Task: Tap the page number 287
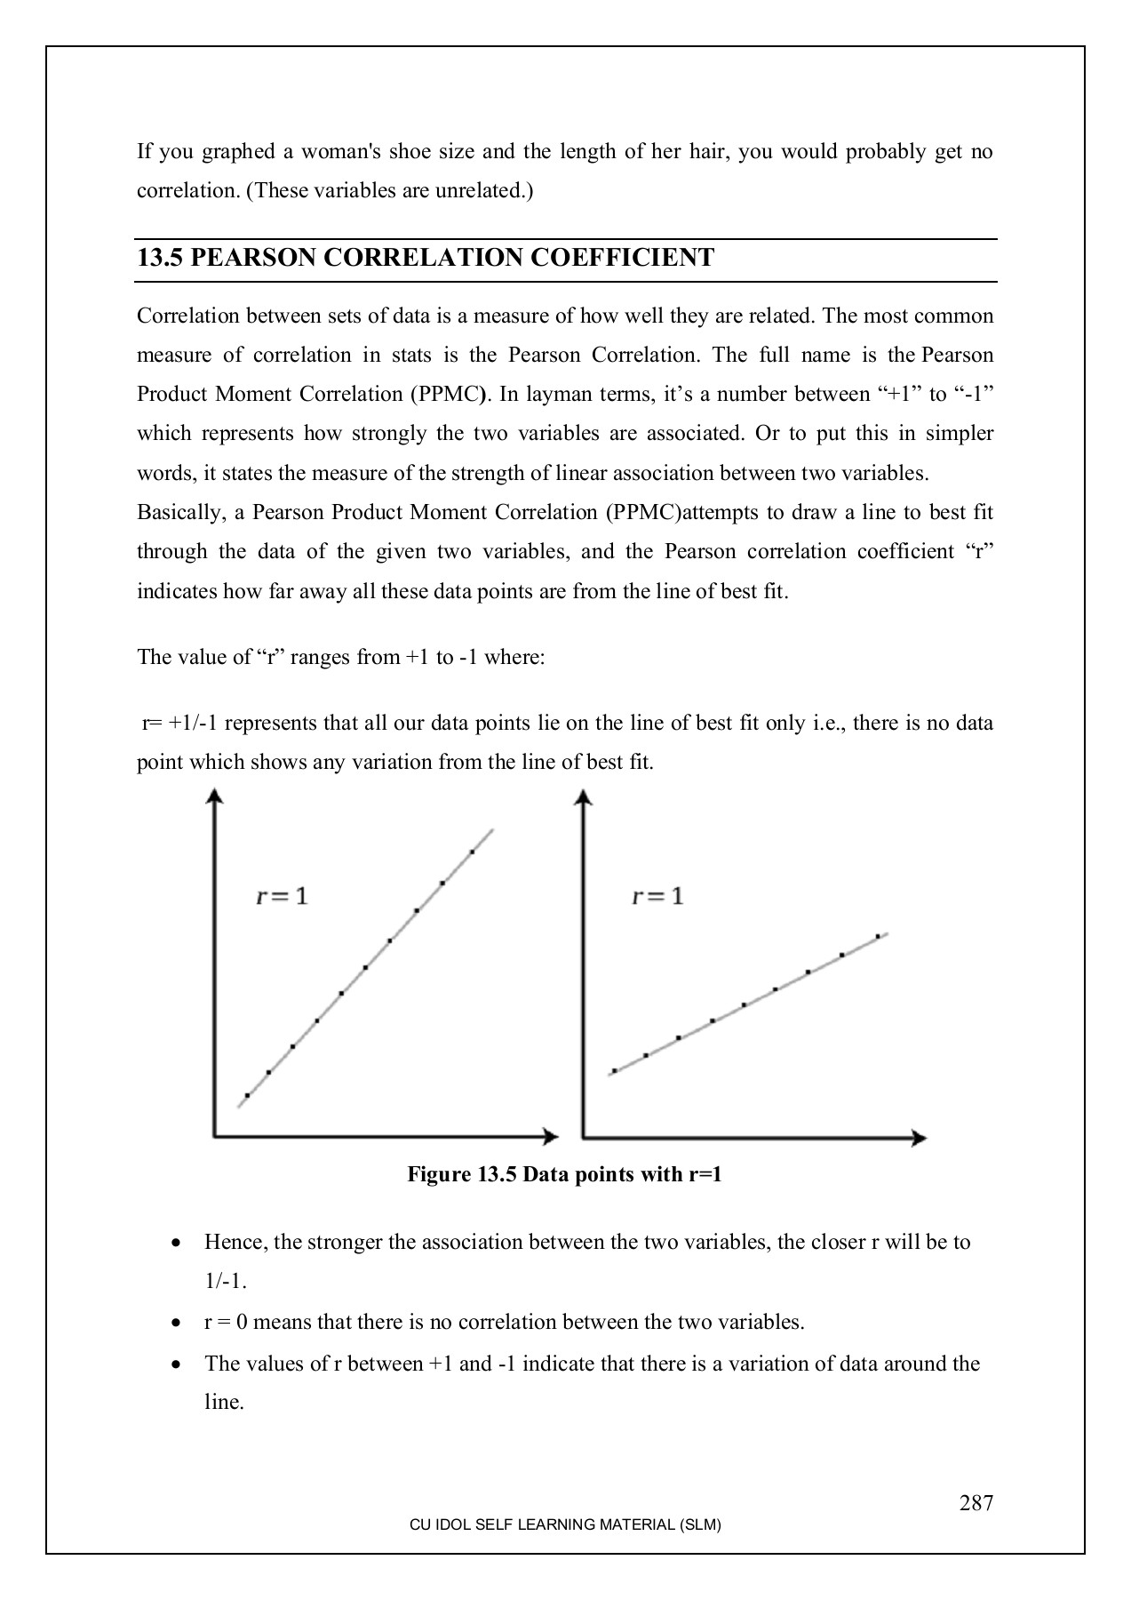(x=976, y=1503)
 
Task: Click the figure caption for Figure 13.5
(x=564, y=1175)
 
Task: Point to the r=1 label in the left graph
(x=282, y=896)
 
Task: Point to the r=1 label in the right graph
(x=657, y=896)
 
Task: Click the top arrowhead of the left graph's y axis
(x=213, y=796)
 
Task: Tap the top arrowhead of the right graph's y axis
(x=583, y=796)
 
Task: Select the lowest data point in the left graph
(x=247, y=1096)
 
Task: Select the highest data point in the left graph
(x=472, y=852)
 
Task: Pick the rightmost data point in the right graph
(x=878, y=936)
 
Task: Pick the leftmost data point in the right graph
(x=614, y=1071)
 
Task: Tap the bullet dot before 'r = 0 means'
(x=179, y=1324)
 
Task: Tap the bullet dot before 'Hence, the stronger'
(x=179, y=1243)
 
